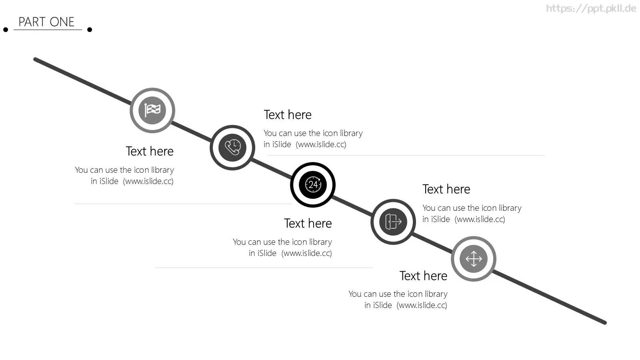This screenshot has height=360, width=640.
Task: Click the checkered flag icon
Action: [x=152, y=110]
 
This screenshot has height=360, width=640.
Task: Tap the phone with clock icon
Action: [x=232, y=148]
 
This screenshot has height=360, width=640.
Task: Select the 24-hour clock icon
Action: [x=313, y=184]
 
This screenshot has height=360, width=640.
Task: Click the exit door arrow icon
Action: [x=393, y=222]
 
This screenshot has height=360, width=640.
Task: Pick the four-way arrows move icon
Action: [x=474, y=259]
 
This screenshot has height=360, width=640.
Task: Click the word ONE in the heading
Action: [x=62, y=22]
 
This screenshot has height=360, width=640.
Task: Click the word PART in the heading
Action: [x=32, y=22]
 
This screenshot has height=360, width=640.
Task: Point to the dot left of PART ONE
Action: [x=6, y=30]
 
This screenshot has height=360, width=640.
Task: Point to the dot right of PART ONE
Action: [x=90, y=30]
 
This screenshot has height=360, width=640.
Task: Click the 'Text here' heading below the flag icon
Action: [x=150, y=151]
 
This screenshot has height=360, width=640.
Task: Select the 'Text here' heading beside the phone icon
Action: [x=288, y=115]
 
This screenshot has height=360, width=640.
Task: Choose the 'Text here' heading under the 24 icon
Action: [x=308, y=224]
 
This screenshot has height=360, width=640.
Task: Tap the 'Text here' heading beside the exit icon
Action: [x=446, y=189]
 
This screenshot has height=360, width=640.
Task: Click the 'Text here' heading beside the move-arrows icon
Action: [x=424, y=276]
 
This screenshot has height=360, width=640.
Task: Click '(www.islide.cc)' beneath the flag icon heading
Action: [x=148, y=182]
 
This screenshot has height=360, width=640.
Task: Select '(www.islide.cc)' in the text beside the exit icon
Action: [x=480, y=220]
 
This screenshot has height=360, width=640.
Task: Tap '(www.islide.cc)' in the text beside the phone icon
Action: [x=321, y=144]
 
